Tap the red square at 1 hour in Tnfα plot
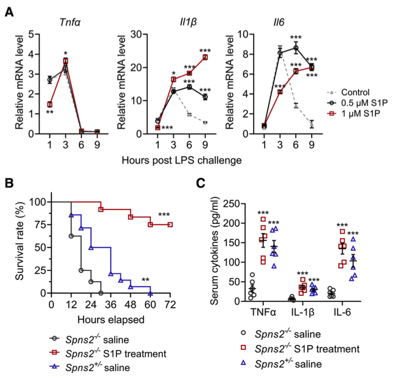coord(49,104)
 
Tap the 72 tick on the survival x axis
coord(170,303)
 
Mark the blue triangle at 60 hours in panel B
coord(150,293)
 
